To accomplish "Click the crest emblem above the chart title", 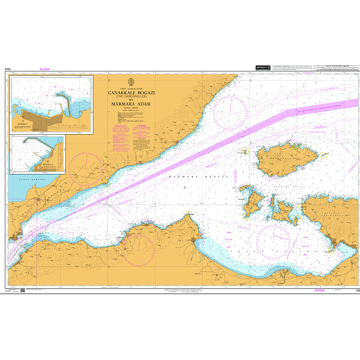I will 131,80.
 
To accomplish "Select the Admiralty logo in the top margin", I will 262,68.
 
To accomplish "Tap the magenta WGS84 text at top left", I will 44,69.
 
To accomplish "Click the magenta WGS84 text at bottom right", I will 319,291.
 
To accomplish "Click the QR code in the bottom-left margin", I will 23,290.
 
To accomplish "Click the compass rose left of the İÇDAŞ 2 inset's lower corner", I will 85,168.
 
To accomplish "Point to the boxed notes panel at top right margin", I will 333,70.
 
